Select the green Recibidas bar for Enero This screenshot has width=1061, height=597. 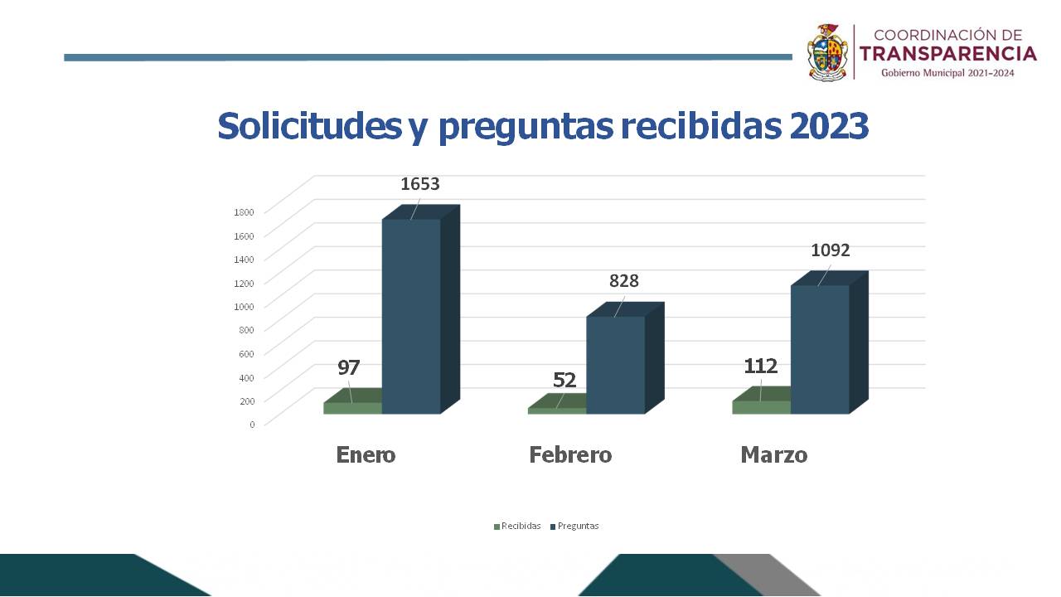click(352, 408)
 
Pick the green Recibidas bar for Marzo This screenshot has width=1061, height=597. click(761, 407)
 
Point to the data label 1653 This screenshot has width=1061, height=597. click(419, 184)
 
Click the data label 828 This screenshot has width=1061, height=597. click(624, 281)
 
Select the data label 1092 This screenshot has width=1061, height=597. click(830, 250)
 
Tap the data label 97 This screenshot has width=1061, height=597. click(348, 367)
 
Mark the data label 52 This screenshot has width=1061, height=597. click(564, 380)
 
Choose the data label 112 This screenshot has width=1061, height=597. click(760, 366)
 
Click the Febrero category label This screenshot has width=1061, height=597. click(570, 455)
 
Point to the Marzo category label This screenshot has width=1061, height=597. click(773, 455)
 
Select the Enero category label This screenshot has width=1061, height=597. click(366, 455)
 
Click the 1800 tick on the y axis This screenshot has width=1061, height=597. click(244, 211)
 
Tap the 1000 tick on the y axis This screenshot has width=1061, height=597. click(244, 306)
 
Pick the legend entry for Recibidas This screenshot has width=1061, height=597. click(521, 527)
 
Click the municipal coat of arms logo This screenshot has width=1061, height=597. click(828, 52)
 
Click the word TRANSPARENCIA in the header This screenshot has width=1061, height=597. click(947, 54)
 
